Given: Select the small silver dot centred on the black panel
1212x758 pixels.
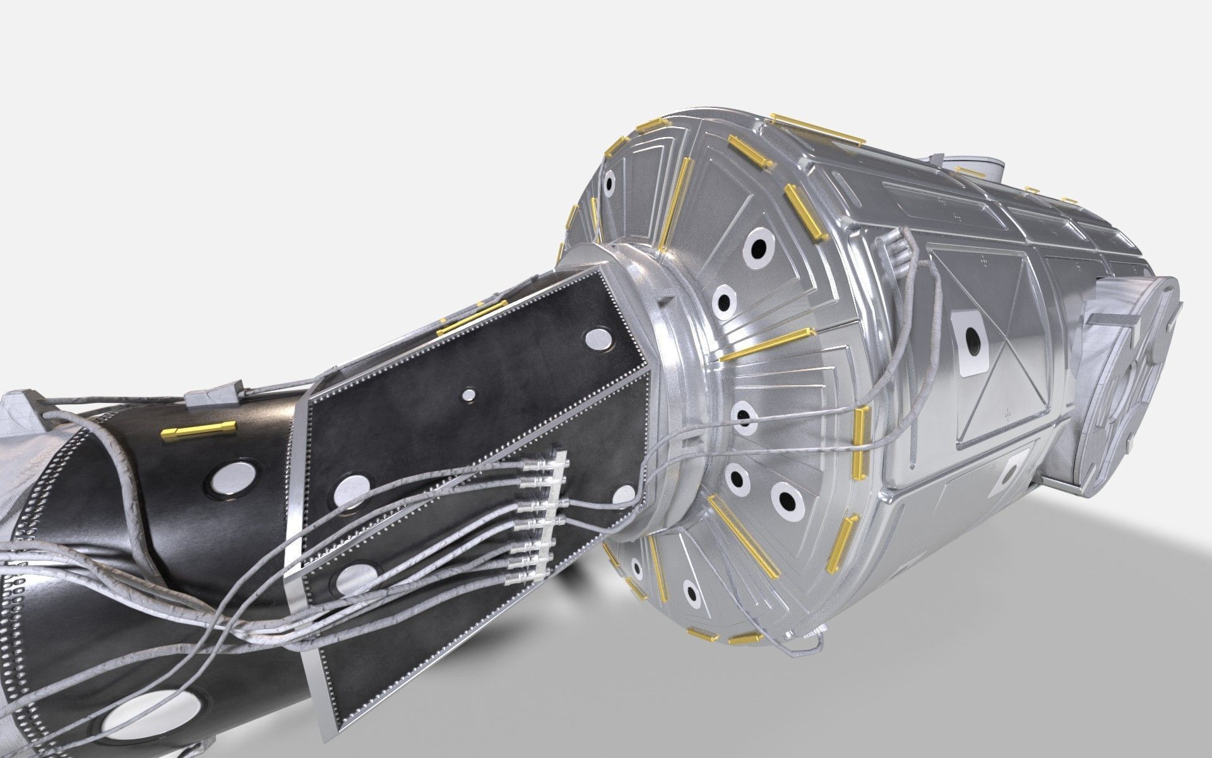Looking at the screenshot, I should [468, 395].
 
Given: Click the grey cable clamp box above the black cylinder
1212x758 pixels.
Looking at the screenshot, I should [215, 396].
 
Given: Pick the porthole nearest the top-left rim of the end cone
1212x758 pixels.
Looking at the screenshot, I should [609, 183].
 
